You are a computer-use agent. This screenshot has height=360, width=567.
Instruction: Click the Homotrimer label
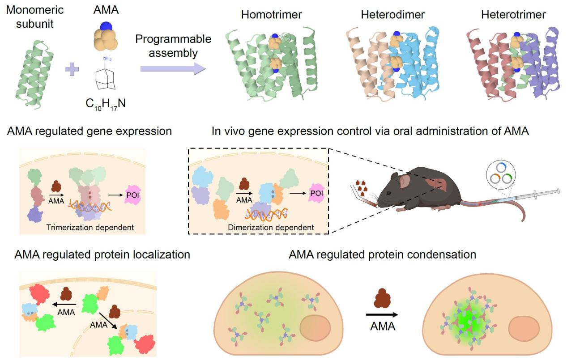click(x=271, y=15)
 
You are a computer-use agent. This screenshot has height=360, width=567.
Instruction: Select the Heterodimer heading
click(x=392, y=15)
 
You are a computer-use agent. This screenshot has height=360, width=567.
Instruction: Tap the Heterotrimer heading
click(x=513, y=15)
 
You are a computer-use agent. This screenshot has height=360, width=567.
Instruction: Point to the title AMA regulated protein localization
click(x=102, y=254)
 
